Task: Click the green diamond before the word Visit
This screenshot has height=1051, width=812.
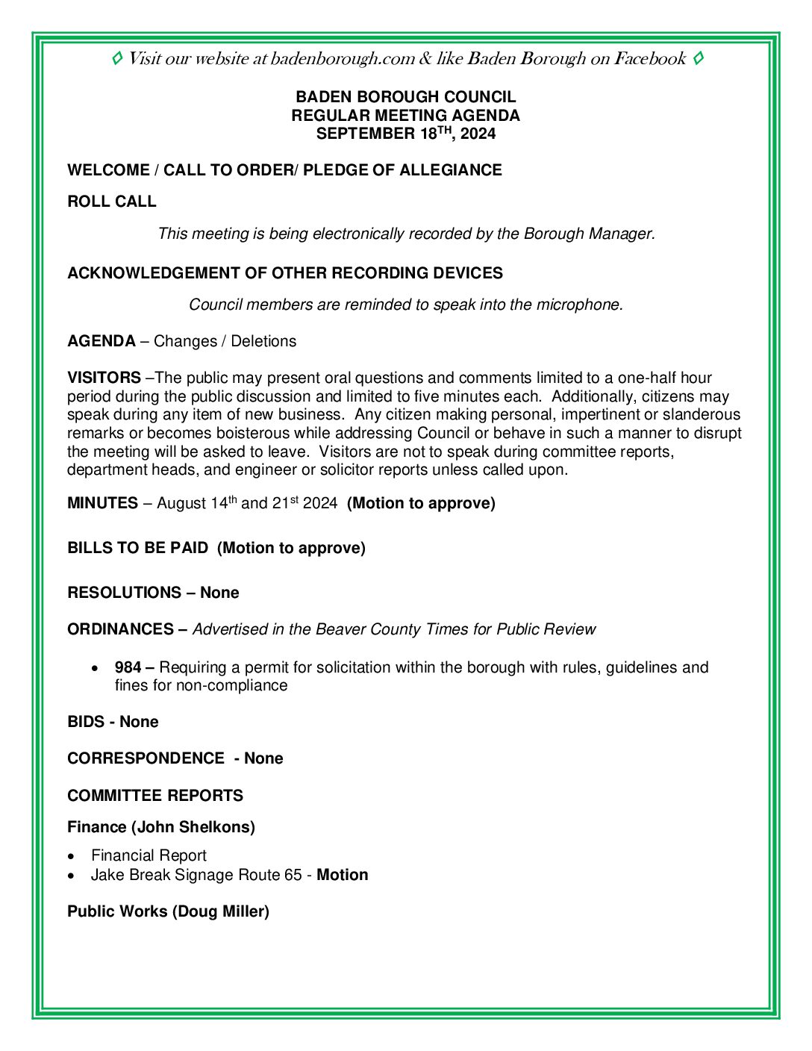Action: pos(117,58)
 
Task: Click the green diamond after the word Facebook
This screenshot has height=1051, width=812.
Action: pos(698,58)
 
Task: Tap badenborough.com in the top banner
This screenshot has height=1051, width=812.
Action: pos(343,59)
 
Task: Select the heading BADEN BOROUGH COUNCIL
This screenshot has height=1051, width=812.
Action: pos(405,97)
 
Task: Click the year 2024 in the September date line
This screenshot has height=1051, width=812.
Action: pos(478,134)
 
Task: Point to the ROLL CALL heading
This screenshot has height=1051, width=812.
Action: pos(112,202)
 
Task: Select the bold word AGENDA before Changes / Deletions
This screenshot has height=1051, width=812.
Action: pos(101,341)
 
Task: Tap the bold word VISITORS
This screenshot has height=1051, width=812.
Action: pos(104,378)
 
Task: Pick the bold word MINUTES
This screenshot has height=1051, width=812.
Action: pos(102,503)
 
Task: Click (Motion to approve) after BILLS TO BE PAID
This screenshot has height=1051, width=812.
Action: pos(291,548)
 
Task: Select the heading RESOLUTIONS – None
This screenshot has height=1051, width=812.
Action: pos(153,593)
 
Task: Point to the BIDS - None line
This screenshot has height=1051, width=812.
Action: pos(113,722)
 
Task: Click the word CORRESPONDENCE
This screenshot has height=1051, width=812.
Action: pos(146,758)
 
